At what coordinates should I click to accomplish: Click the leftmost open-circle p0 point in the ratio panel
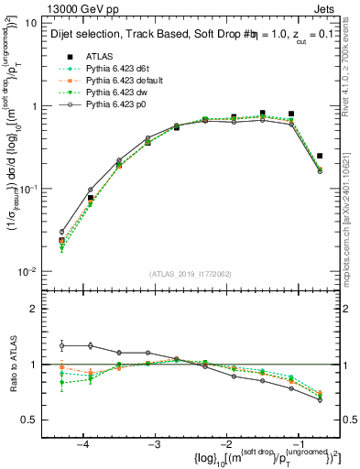pyautogui.click(x=61, y=345)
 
